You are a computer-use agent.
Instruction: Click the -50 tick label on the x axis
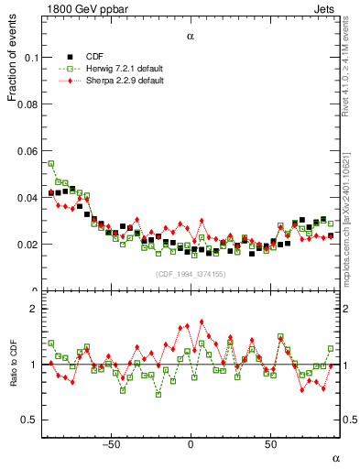(x=111, y=445)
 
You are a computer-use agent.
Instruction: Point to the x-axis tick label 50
(x=270, y=445)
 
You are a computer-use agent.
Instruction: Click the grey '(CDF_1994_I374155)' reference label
(x=190, y=275)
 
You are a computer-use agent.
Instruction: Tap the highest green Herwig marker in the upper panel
(x=50, y=164)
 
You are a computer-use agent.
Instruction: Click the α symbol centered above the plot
(x=191, y=38)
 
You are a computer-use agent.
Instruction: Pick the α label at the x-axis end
(x=335, y=457)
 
